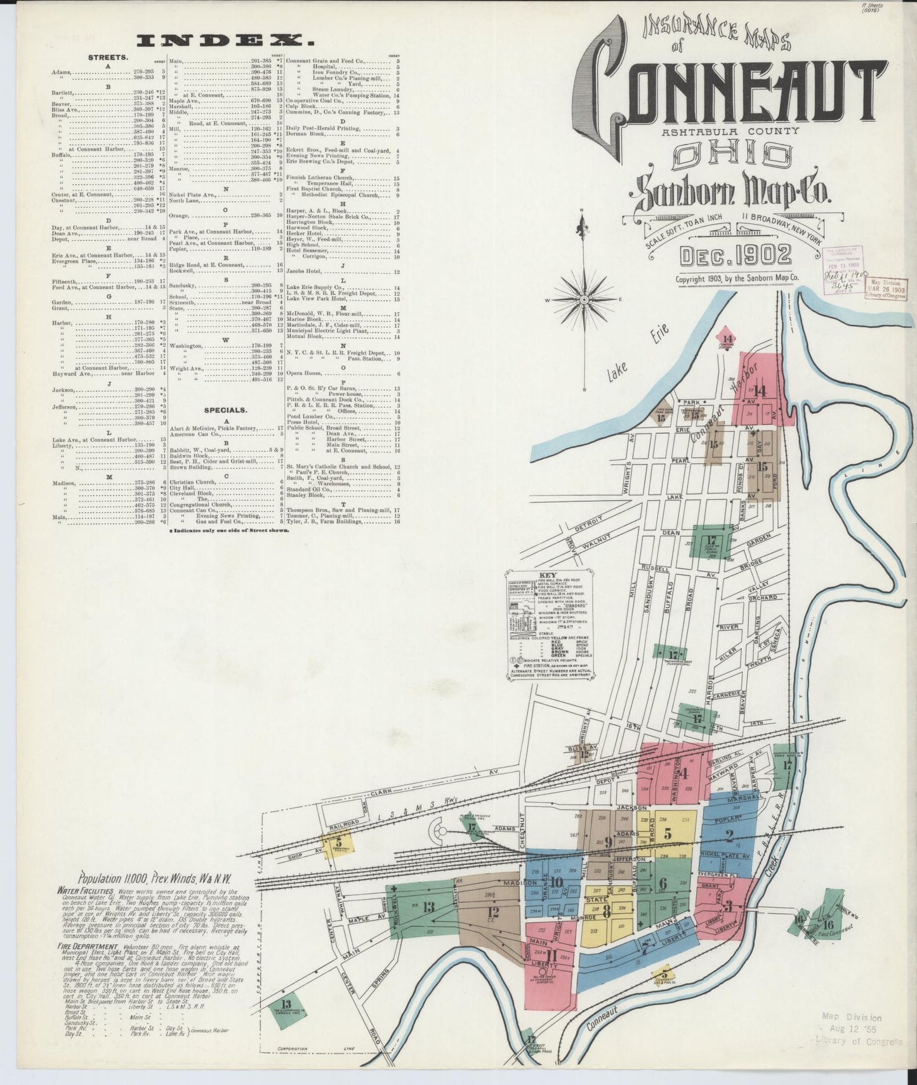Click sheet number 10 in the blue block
point(557,881)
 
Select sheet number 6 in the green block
point(663,883)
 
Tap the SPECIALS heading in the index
point(225,411)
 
